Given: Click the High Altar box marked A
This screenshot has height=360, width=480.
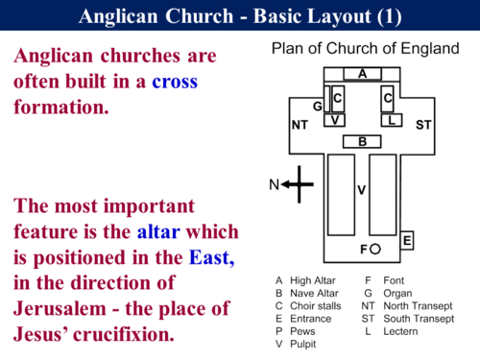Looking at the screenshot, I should click(x=362, y=73).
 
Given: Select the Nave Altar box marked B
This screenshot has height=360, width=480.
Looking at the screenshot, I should click(x=362, y=142).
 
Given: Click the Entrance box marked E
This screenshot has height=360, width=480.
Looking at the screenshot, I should click(x=407, y=239).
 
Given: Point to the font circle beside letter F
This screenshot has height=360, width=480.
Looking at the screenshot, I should click(x=376, y=250).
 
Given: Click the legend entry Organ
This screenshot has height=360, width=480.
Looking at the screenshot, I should click(x=394, y=291).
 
